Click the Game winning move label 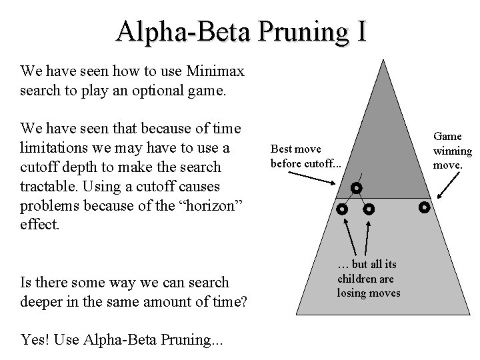452,150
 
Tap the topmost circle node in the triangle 357,188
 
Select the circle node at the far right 423,207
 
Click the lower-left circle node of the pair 342,209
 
